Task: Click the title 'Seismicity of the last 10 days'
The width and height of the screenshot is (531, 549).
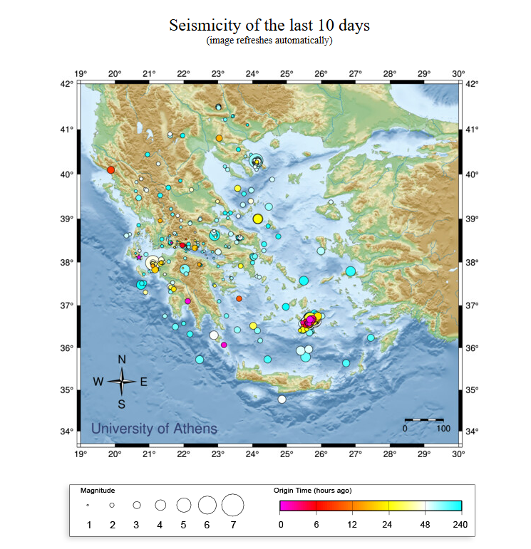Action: pyautogui.click(x=269, y=26)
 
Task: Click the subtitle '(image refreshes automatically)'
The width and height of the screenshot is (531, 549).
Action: pyautogui.click(x=269, y=41)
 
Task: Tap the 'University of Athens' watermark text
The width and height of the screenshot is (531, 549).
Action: pyautogui.click(x=154, y=429)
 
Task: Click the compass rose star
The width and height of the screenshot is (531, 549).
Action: pyautogui.click(x=122, y=382)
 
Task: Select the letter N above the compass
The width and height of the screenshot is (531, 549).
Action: pyautogui.click(x=122, y=360)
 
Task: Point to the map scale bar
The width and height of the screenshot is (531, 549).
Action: pyautogui.click(x=424, y=420)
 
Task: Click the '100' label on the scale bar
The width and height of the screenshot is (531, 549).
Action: pyautogui.click(x=443, y=429)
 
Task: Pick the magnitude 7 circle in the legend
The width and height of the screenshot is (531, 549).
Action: pyautogui.click(x=232, y=505)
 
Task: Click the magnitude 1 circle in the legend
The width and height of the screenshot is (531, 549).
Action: pyautogui.click(x=88, y=505)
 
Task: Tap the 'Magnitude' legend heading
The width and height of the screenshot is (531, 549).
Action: pyautogui.click(x=98, y=491)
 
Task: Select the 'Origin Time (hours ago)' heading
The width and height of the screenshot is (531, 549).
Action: pyautogui.click(x=312, y=491)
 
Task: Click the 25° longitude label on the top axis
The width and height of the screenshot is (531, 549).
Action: pyautogui.click(x=287, y=73)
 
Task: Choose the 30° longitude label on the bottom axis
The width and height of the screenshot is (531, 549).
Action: pyautogui.click(x=458, y=453)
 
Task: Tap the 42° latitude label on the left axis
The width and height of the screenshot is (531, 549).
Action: pyautogui.click(x=67, y=84)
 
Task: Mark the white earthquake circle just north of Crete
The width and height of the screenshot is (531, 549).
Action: pyautogui.click(x=282, y=399)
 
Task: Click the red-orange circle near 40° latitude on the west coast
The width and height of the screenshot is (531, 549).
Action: pyautogui.click(x=110, y=169)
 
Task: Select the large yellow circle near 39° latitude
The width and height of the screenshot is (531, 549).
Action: pyautogui.click(x=258, y=219)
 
